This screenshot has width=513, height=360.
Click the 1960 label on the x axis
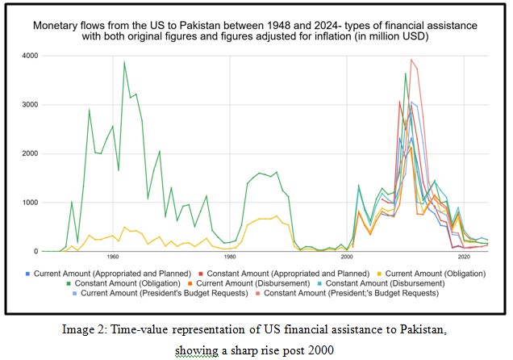(113, 257)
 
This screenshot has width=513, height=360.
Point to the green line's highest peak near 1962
(124, 62)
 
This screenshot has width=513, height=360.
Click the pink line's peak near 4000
(411, 60)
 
